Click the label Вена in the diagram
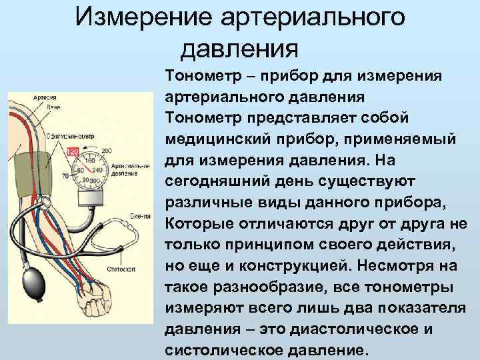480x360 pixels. tap(54, 106)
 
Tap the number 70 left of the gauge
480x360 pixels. tap(65, 177)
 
